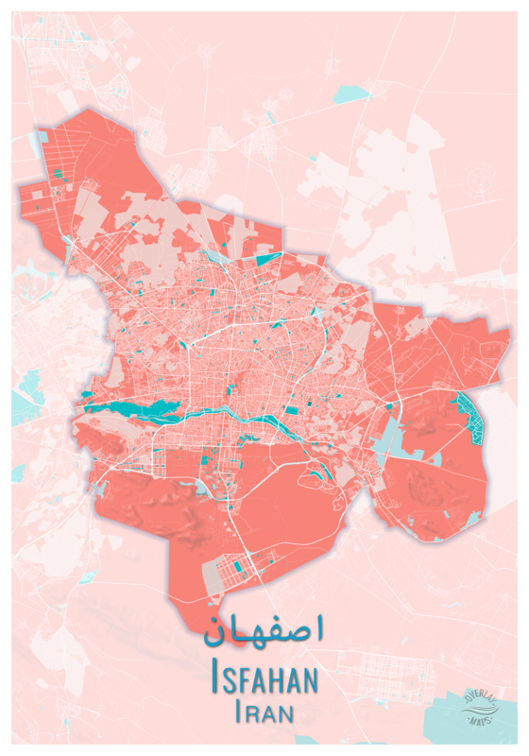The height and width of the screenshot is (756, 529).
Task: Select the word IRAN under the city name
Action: point(264,711)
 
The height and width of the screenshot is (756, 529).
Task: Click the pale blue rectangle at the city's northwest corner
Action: point(39,142)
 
